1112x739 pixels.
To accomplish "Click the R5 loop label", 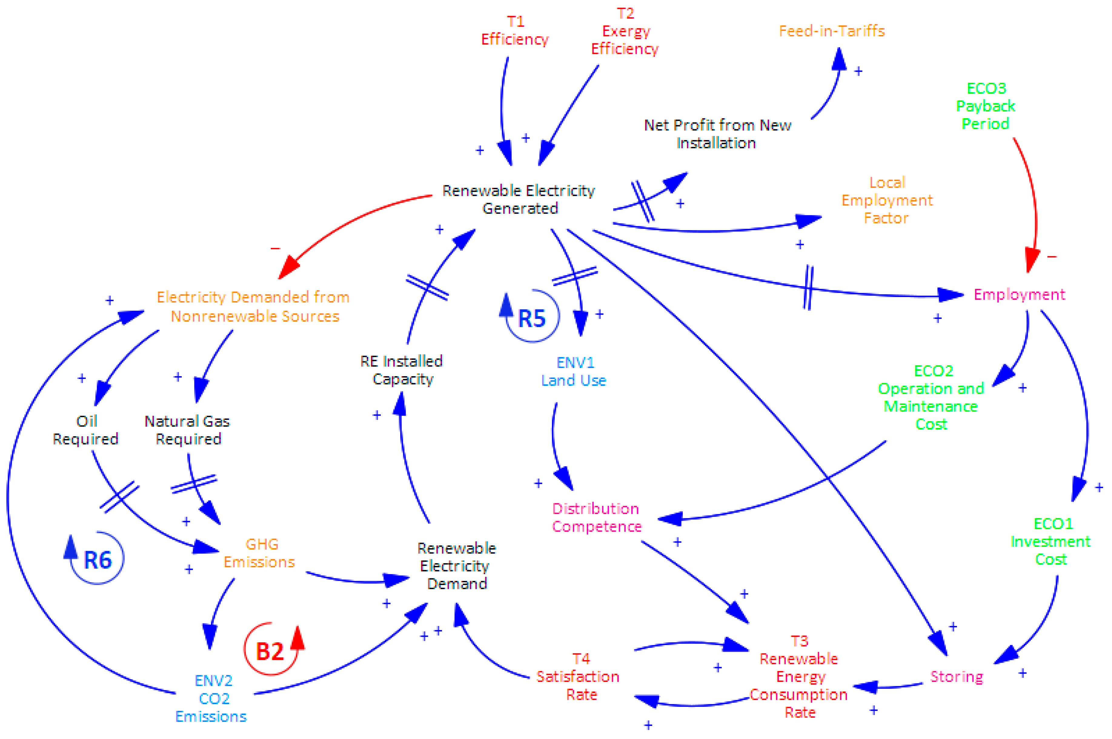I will pyautogui.click(x=532, y=318).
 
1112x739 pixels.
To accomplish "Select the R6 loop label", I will pyautogui.click(x=98, y=560).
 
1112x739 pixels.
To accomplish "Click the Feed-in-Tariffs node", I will pyautogui.click(x=831, y=31).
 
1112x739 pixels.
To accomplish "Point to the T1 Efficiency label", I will pyautogui.click(x=515, y=31).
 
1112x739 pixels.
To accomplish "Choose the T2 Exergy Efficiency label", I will pyautogui.click(x=625, y=31).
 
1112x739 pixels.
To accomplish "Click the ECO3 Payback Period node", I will pyautogui.click(x=985, y=106).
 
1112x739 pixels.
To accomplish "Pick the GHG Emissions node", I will pyautogui.click(x=260, y=553).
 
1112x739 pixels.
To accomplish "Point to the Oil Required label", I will pyautogui.click(x=86, y=430).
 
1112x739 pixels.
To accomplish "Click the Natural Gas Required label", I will pyautogui.click(x=188, y=430).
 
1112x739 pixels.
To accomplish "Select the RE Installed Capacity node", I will pyautogui.click(x=402, y=370).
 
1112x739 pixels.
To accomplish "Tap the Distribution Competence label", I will pyautogui.click(x=596, y=517).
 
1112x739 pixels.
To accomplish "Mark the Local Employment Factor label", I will pyautogui.click(x=887, y=200).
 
